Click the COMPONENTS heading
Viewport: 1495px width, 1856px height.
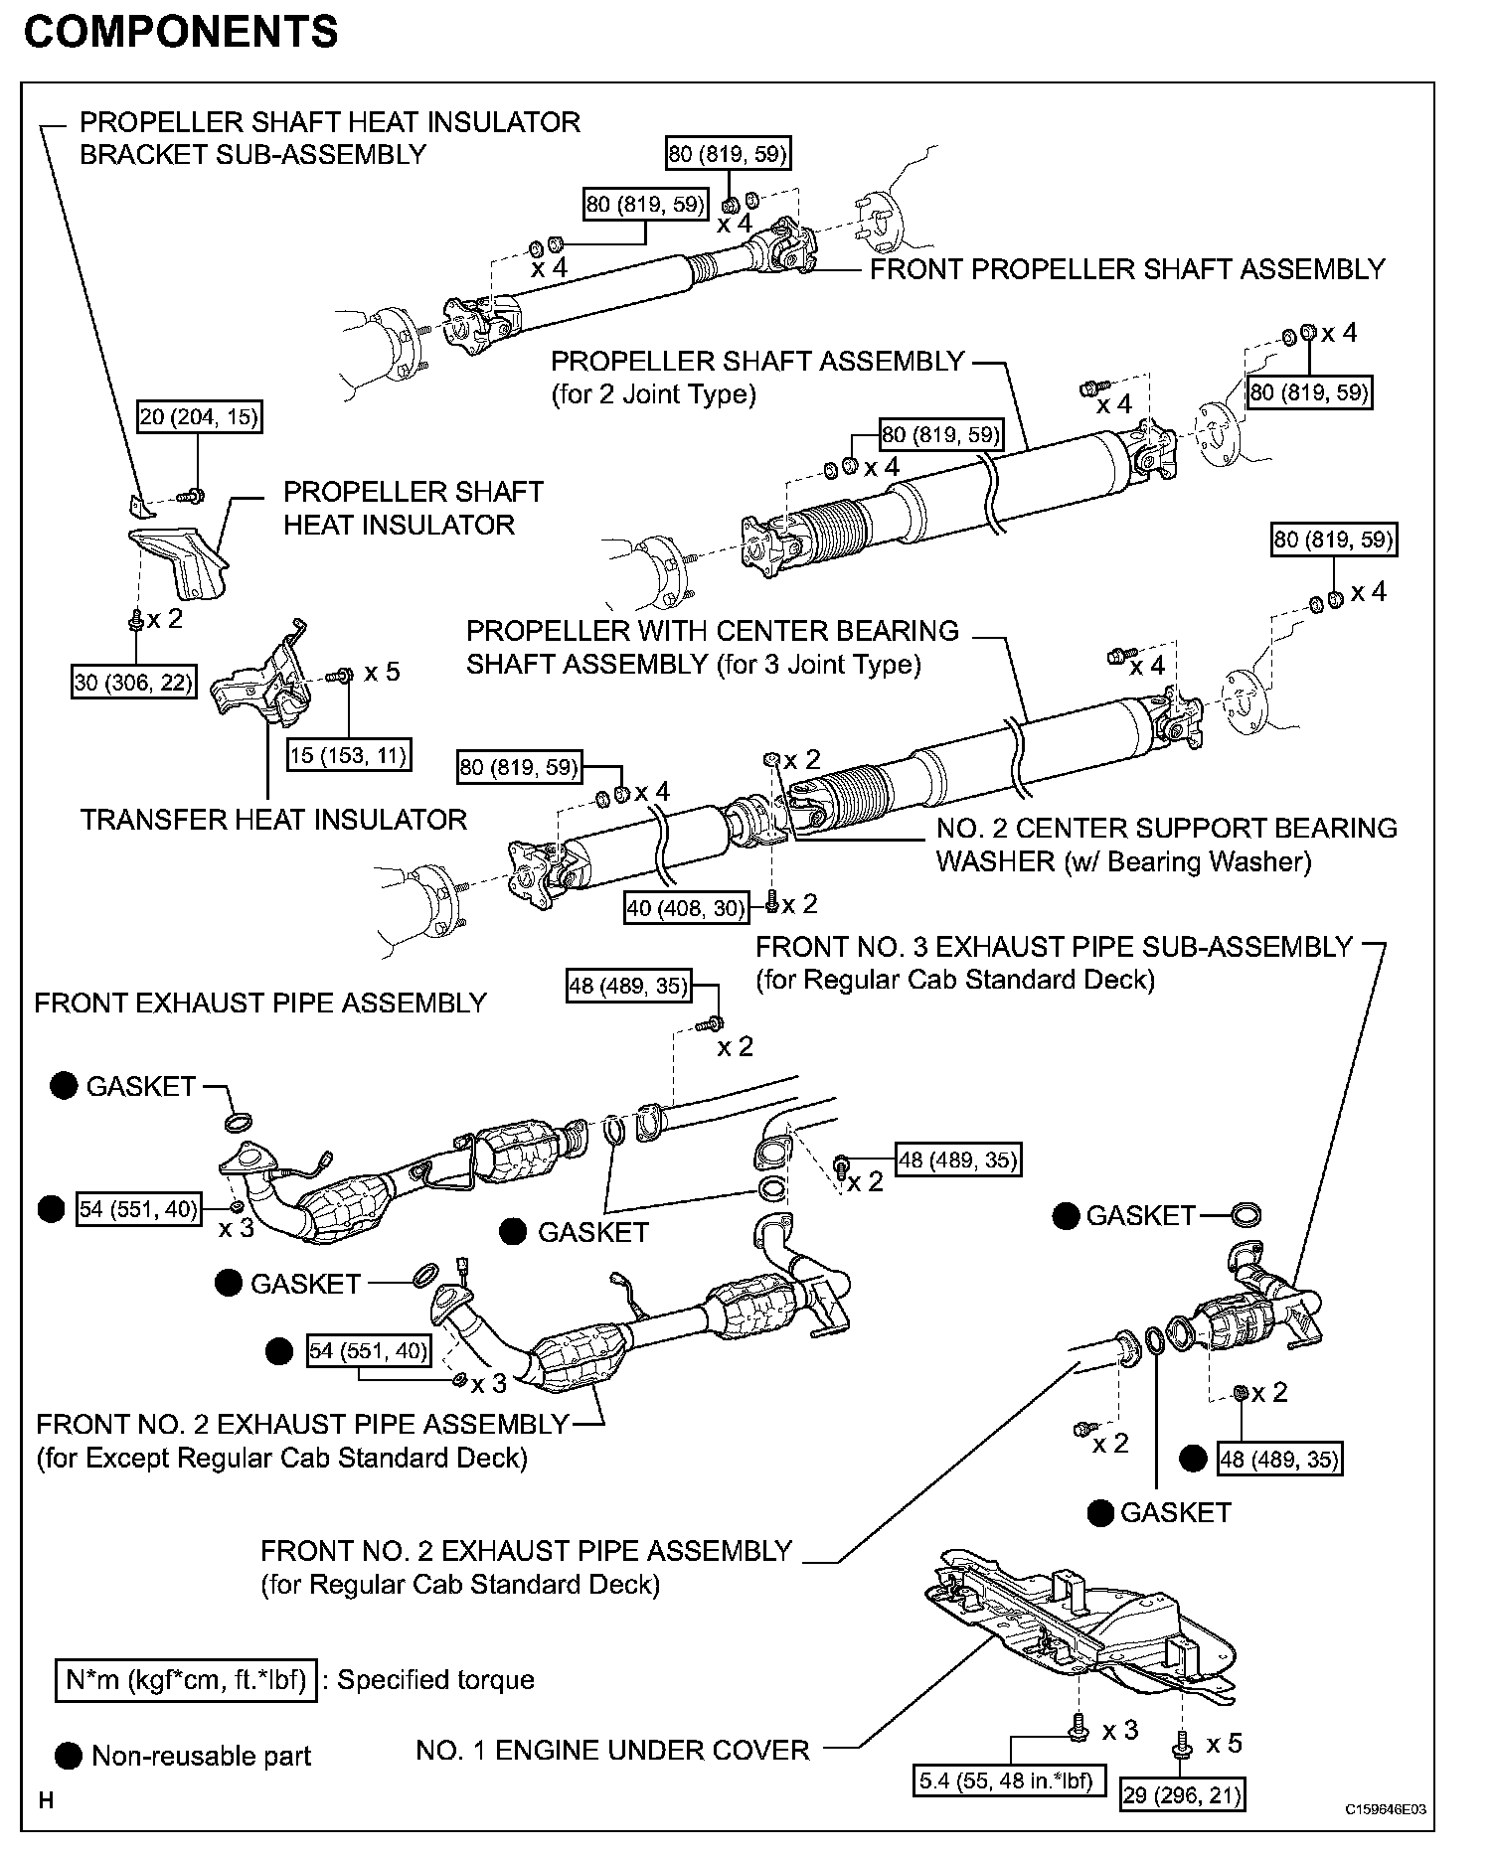[180, 33]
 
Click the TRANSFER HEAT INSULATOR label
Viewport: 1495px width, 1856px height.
[273, 820]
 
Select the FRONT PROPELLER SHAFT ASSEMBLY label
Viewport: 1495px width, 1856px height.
[1127, 269]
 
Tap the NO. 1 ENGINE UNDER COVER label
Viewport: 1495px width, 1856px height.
[612, 1750]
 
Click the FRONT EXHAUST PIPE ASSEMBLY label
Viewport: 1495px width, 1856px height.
[260, 1003]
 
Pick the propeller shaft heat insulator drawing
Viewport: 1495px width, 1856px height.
[179, 561]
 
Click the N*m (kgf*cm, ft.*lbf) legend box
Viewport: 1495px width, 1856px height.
[186, 1680]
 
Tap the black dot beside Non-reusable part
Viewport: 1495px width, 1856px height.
[69, 1756]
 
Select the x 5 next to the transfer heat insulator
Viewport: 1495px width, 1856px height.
[382, 672]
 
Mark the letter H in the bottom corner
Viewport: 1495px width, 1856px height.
[46, 1799]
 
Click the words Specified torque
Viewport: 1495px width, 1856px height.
[435, 1680]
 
